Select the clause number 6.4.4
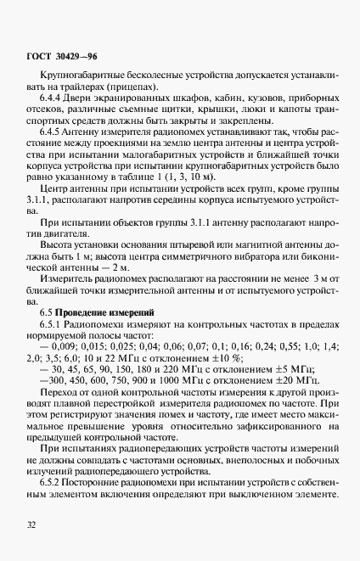(53, 98)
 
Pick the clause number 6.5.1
(53, 302)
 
